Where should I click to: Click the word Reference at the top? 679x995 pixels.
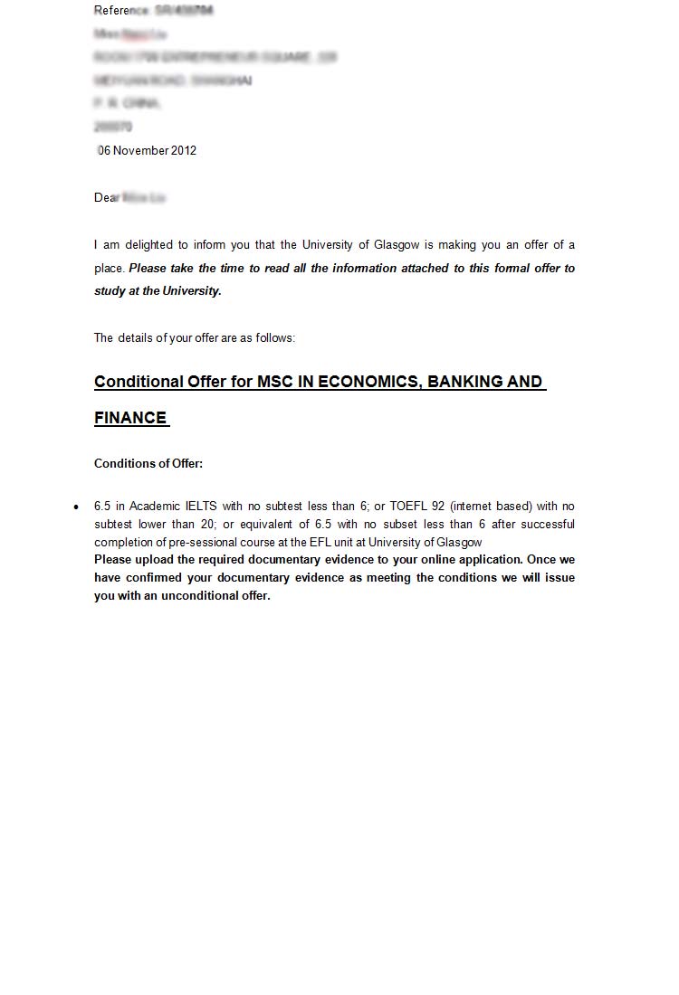(121, 10)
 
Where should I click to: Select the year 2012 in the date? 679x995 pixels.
(182, 150)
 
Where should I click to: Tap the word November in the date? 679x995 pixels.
(139, 150)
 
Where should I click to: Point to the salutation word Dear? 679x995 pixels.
(106, 197)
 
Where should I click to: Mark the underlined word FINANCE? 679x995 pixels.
(130, 417)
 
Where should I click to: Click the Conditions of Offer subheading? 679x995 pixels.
(148, 463)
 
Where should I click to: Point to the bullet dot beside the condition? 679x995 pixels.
(76, 507)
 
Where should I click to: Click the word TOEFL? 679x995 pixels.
(409, 506)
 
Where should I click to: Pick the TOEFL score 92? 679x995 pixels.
(439, 506)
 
